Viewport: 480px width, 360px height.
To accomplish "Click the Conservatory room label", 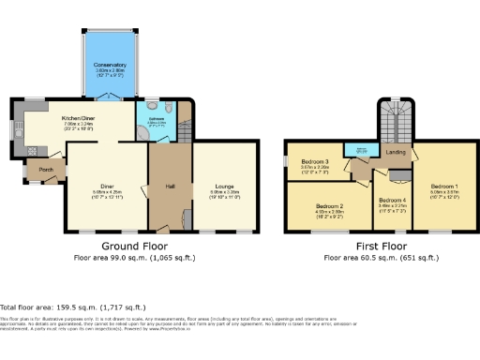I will point(109,65).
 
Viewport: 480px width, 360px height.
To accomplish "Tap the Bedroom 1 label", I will point(444,187).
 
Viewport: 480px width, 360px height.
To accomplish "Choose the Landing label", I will point(395,152).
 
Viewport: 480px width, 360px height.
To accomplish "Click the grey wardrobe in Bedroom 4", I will point(400,174).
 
